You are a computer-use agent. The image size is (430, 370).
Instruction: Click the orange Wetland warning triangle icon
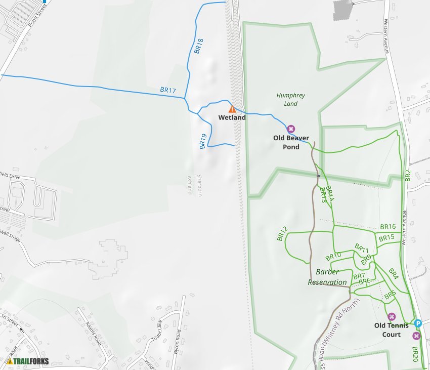[x=232, y=109]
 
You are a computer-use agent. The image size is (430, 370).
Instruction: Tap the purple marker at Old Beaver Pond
[x=291, y=129]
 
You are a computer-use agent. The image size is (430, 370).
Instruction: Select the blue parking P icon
[x=417, y=323]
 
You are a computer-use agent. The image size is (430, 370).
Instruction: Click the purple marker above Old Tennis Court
[x=391, y=317]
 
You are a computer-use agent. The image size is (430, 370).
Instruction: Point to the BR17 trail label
[x=168, y=91]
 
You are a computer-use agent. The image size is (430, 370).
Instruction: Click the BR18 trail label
[x=199, y=46]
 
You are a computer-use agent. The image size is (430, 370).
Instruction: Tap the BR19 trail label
[x=203, y=141]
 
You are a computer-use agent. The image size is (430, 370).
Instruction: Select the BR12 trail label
[x=282, y=233]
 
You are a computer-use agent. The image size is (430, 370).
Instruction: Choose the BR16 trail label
[x=388, y=227]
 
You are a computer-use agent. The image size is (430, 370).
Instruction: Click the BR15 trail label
[x=386, y=237]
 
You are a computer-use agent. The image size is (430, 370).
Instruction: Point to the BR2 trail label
[x=408, y=175]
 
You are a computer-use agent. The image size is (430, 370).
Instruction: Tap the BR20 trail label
[x=415, y=353]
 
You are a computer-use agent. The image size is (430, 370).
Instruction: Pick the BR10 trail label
[x=333, y=256]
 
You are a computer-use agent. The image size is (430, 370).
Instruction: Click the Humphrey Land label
[x=291, y=99]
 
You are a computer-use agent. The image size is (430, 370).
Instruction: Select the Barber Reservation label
[x=327, y=277]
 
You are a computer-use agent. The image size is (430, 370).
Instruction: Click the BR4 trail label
[x=394, y=274]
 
